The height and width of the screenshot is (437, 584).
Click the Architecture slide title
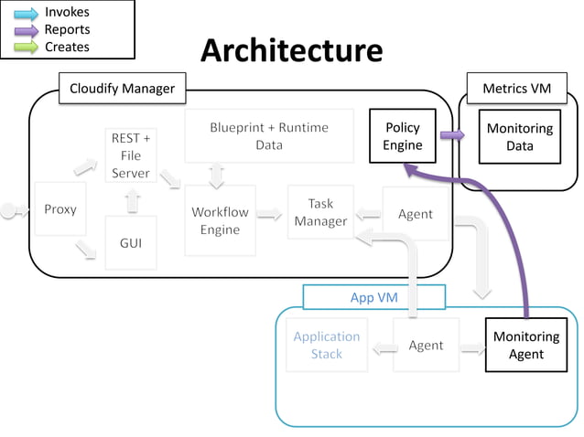tap(291, 51)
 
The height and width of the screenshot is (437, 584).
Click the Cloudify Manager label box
tap(122, 89)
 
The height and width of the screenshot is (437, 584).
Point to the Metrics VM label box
tap(517, 88)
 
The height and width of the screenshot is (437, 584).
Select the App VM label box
tap(373, 297)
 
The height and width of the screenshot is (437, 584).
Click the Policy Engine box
tap(403, 136)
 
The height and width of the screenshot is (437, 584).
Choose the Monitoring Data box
tap(520, 137)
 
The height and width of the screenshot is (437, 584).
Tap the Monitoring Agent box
tap(525, 346)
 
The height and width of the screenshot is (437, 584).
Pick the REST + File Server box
tap(131, 155)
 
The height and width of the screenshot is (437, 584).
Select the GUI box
tap(131, 243)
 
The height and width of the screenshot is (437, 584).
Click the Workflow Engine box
tap(220, 220)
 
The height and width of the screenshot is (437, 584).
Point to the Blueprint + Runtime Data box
tap(268, 136)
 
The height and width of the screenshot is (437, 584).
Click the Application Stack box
tap(327, 345)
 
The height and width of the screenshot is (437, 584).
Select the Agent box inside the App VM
tap(426, 345)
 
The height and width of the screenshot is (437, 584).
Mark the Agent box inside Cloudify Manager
tap(416, 214)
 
